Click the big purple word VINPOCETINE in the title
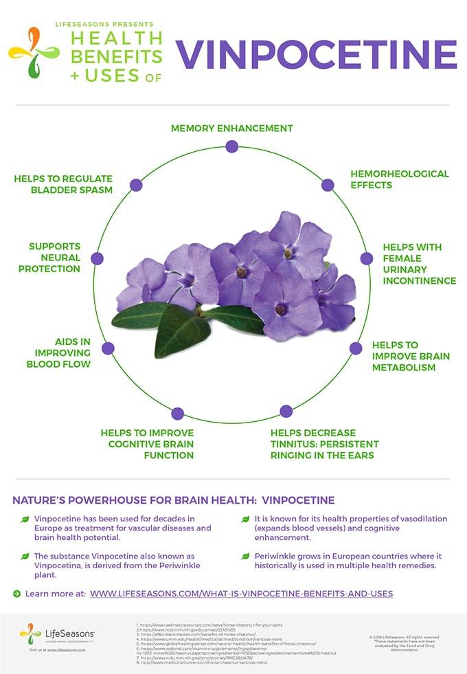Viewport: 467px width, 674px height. coord(316,54)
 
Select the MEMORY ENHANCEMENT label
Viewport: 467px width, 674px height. coord(231,128)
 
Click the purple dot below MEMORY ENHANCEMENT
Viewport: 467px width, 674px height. coord(231,146)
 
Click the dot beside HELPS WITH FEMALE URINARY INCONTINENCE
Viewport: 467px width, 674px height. coord(367,259)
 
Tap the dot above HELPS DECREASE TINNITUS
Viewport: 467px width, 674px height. coord(286,412)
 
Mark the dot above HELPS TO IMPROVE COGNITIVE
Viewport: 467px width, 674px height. coord(178,414)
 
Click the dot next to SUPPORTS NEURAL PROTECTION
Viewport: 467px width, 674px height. coord(98,258)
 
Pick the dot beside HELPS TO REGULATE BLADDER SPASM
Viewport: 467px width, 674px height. coord(136,185)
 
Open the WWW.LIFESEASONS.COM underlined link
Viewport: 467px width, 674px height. coord(241,593)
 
